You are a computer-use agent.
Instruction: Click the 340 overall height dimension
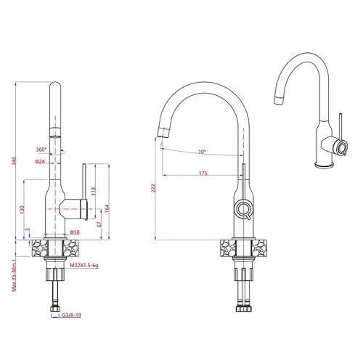pyautogui.click(x=14, y=161)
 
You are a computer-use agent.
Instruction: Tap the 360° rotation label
pyautogui.click(x=41, y=150)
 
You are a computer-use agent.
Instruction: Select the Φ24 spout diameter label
pyautogui.click(x=40, y=161)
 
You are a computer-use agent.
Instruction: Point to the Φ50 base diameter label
pyautogui.click(x=75, y=232)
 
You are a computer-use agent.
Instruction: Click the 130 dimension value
pyautogui.click(x=22, y=210)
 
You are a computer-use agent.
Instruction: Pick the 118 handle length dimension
pyautogui.click(x=94, y=191)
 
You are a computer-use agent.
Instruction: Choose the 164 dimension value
pyautogui.click(x=107, y=208)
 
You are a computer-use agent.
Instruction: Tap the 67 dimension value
pyautogui.click(x=99, y=224)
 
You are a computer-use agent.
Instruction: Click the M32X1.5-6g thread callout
pyautogui.click(x=84, y=266)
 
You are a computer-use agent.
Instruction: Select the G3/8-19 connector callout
pyautogui.click(x=71, y=315)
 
